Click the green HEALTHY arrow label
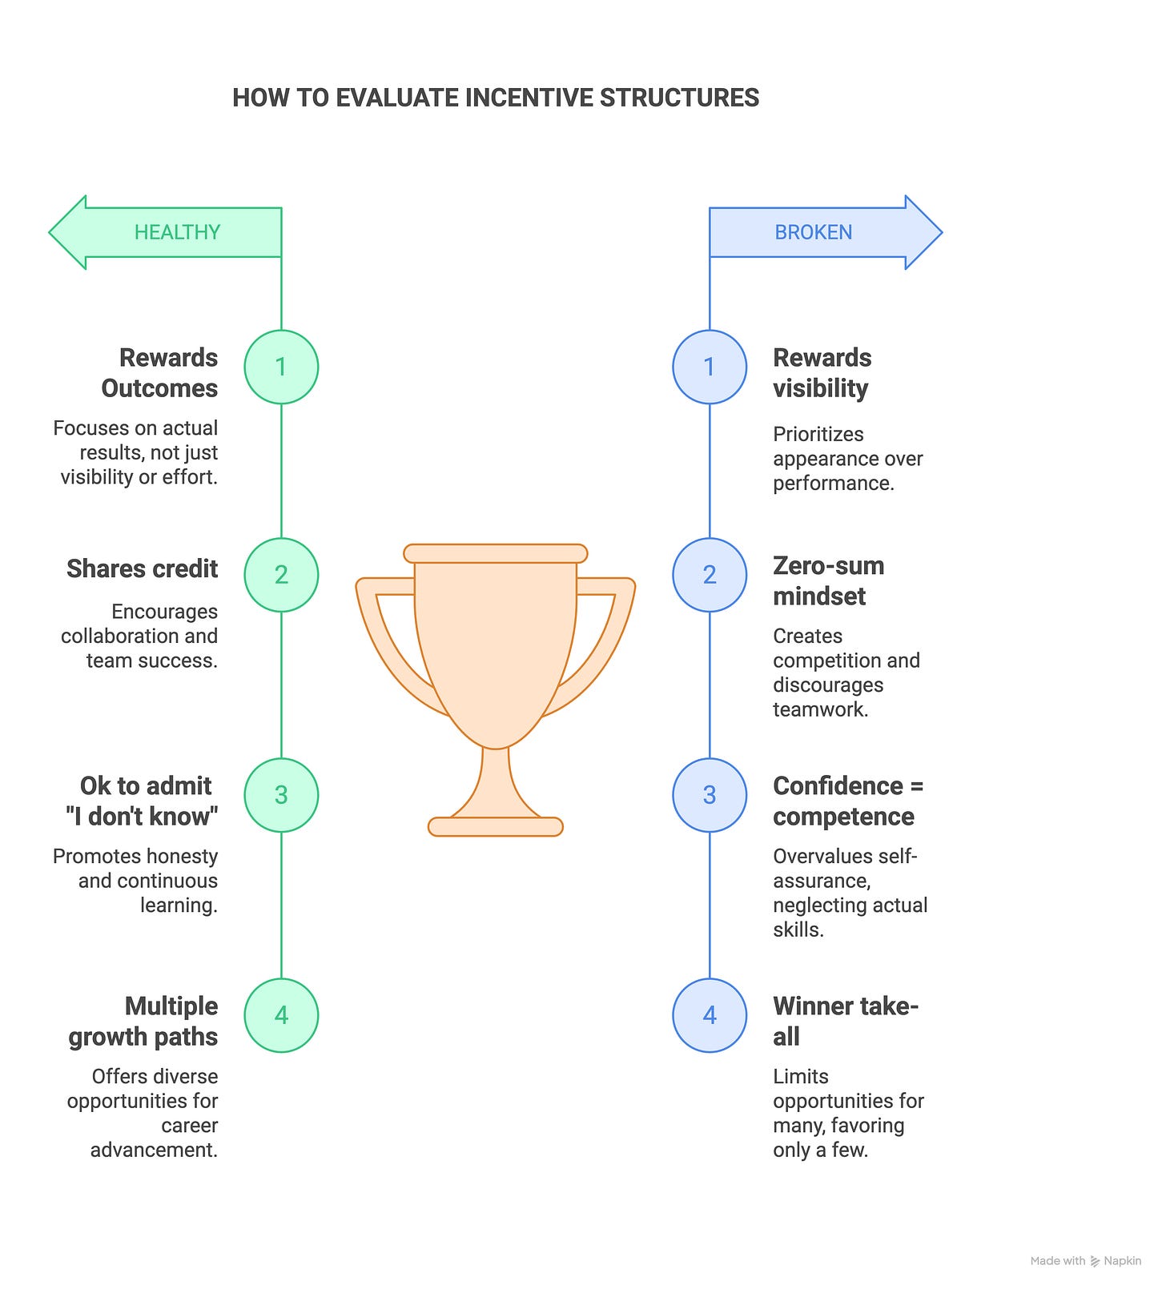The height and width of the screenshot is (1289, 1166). pos(176,232)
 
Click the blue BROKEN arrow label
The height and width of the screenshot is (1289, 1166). pos(813,232)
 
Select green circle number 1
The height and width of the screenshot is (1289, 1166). pos(281,367)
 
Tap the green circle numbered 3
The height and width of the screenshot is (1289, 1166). pos(281,795)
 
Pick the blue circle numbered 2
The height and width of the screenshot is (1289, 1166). pos(710,575)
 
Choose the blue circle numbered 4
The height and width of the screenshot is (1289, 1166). pos(710,1015)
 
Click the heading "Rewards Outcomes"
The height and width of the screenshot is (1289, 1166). pos(160,373)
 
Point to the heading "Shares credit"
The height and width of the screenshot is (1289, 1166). pos(143,568)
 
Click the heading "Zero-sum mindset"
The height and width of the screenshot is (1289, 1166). pos(828,581)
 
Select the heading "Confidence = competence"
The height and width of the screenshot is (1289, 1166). pos(847,801)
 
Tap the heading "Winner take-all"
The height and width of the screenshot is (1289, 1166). pos(845,1021)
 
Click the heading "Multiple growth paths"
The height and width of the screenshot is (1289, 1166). pos(144,1021)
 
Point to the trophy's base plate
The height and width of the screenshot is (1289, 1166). pos(496,827)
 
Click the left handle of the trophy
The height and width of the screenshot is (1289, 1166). pos(392,640)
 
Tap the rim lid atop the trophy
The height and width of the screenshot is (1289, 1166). pos(496,553)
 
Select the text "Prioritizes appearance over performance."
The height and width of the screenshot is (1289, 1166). pos(847,459)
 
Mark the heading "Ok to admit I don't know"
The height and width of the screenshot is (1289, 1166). pos(143,801)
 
